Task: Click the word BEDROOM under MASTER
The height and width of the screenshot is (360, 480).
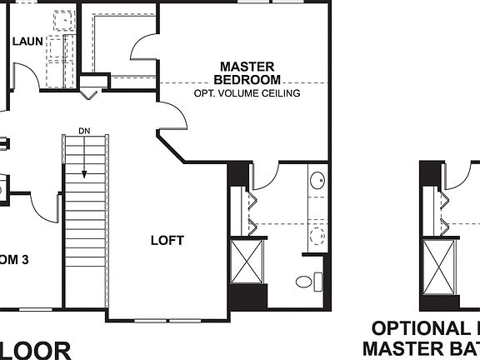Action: click(247, 79)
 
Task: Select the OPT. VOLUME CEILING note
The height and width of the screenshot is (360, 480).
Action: click(247, 93)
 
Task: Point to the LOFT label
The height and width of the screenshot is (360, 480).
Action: click(167, 241)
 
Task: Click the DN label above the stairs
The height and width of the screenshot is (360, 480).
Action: click(84, 131)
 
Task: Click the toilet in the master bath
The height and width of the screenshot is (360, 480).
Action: click(307, 282)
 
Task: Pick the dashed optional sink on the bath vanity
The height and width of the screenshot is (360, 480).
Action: click(317, 234)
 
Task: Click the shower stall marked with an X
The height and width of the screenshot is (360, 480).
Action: click(247, 263)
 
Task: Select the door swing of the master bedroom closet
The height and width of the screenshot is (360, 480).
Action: click(143, 52)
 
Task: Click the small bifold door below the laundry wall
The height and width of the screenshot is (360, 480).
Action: click(91, 93)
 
